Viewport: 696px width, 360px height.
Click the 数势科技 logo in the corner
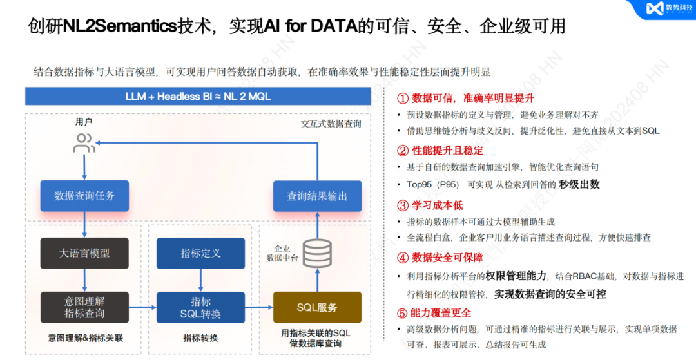[667, 9]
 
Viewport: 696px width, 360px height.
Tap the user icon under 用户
[84, 143]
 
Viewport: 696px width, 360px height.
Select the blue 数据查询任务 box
[84, 196]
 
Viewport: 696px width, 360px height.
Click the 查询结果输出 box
[316, 196]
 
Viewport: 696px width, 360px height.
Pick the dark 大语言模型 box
[84, 253]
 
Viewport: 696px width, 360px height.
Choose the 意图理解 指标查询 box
[84, 307]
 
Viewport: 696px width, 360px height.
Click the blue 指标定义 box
[200, 253]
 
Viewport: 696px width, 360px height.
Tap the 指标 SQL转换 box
[200, 307]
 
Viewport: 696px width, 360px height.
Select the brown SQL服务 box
[316, 307]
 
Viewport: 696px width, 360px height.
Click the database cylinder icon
[317, 254]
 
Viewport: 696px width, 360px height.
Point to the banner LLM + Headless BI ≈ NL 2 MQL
[200, 97]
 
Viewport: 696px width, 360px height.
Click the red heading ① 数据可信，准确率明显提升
[465, 99]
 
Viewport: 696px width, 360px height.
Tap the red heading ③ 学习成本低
[429, 205]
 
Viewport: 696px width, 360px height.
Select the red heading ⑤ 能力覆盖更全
[434, 313]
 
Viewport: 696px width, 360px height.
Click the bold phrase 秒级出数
[579, 184]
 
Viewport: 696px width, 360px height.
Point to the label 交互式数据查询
[331, 124]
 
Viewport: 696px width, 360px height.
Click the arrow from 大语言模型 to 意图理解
[84, 280]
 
